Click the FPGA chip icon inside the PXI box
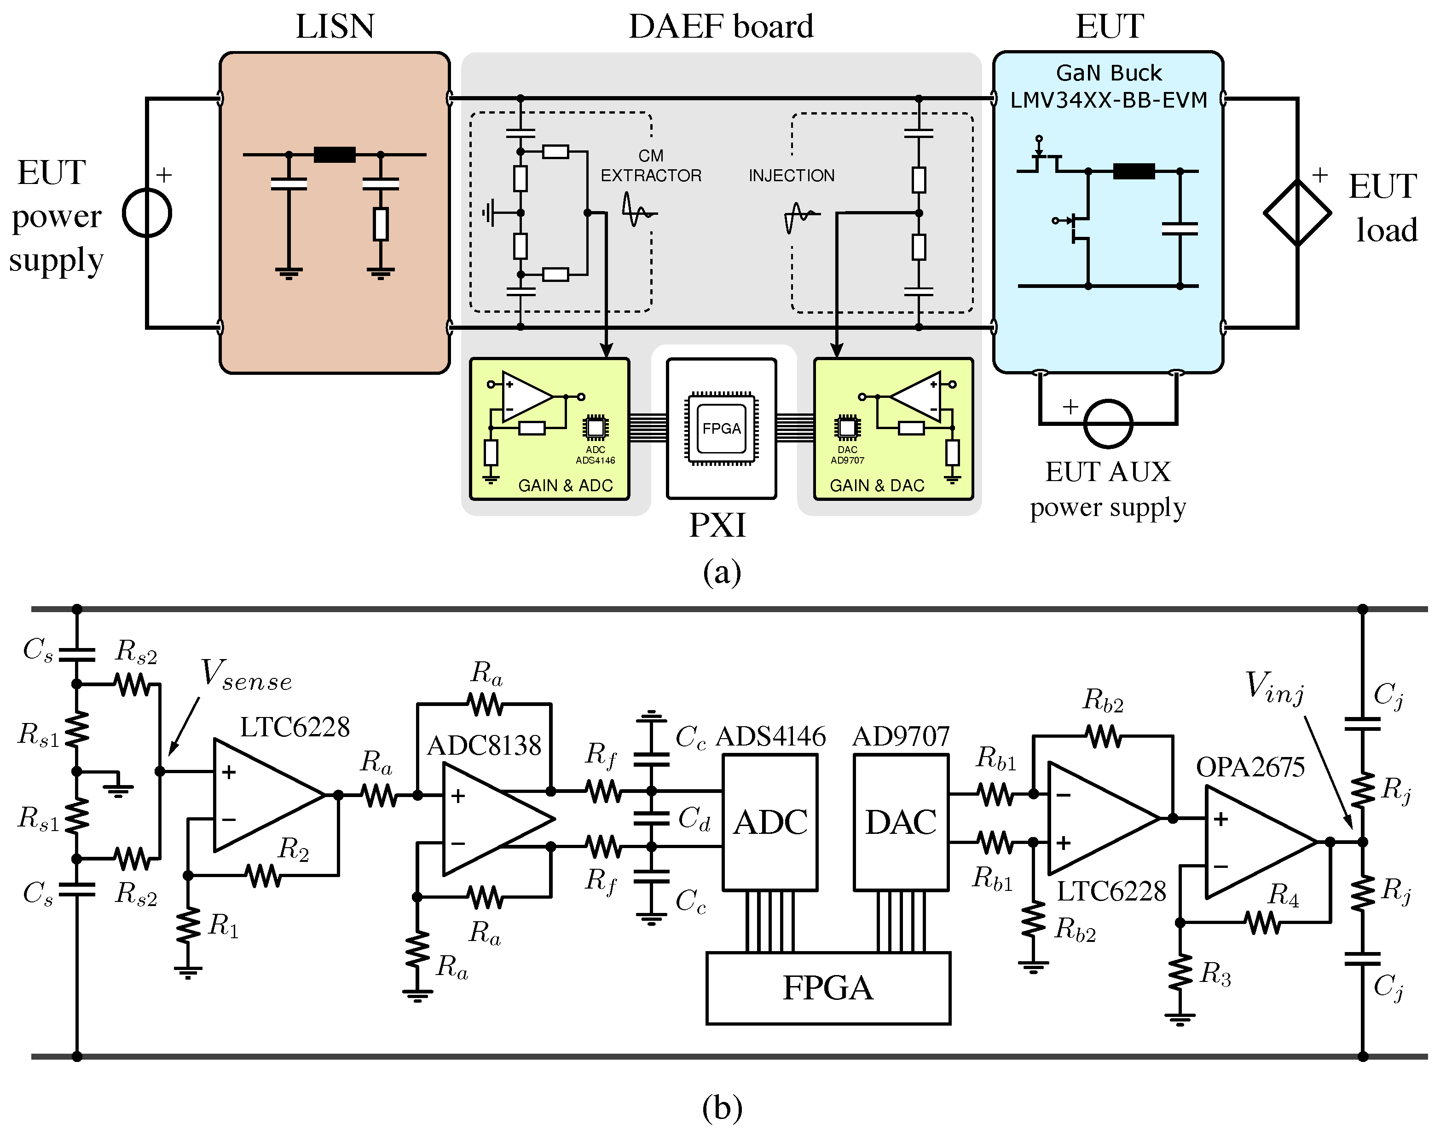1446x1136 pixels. coord(721,428)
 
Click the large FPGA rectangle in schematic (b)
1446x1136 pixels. coord(828,988)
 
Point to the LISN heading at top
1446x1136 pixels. coord(335,27)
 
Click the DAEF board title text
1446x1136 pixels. coord(721,27)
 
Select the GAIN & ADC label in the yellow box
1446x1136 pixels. coord(565,486)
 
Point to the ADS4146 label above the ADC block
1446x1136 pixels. coord(770,736)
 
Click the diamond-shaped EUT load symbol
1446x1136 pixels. coord(1297,213)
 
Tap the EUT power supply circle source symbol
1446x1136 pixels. coord(147,213)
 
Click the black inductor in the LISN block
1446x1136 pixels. coord(334,155)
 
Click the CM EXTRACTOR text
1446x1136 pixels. coord(651,166)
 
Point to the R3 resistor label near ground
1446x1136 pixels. coord(1215,975)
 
